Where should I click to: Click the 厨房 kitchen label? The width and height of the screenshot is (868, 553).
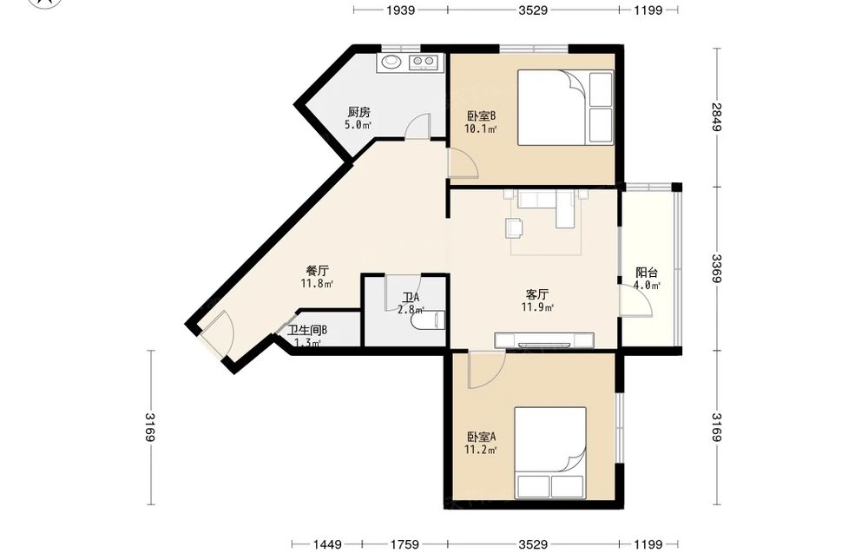358,112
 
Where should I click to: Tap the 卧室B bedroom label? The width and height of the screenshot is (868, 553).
481,116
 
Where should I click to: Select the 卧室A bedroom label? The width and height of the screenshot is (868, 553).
481,437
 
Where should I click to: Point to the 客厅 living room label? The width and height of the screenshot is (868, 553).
537,294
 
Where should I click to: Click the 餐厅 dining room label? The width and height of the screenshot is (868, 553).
317,271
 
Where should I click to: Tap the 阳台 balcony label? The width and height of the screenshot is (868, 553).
647,273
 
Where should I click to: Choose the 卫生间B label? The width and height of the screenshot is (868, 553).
307,331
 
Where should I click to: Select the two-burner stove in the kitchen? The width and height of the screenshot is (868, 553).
424,62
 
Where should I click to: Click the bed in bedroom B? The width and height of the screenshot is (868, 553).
565,108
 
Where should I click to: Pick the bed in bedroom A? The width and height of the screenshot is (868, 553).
550,452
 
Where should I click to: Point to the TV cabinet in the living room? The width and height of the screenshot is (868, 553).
544,340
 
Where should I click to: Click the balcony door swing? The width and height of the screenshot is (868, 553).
636,300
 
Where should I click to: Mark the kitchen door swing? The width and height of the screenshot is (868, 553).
418,127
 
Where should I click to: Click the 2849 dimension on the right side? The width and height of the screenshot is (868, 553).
717,117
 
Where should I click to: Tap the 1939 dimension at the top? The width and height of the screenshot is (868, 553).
401,10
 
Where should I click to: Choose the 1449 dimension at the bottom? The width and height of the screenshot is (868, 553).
326,544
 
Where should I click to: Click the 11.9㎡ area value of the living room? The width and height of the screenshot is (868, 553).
537,307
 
